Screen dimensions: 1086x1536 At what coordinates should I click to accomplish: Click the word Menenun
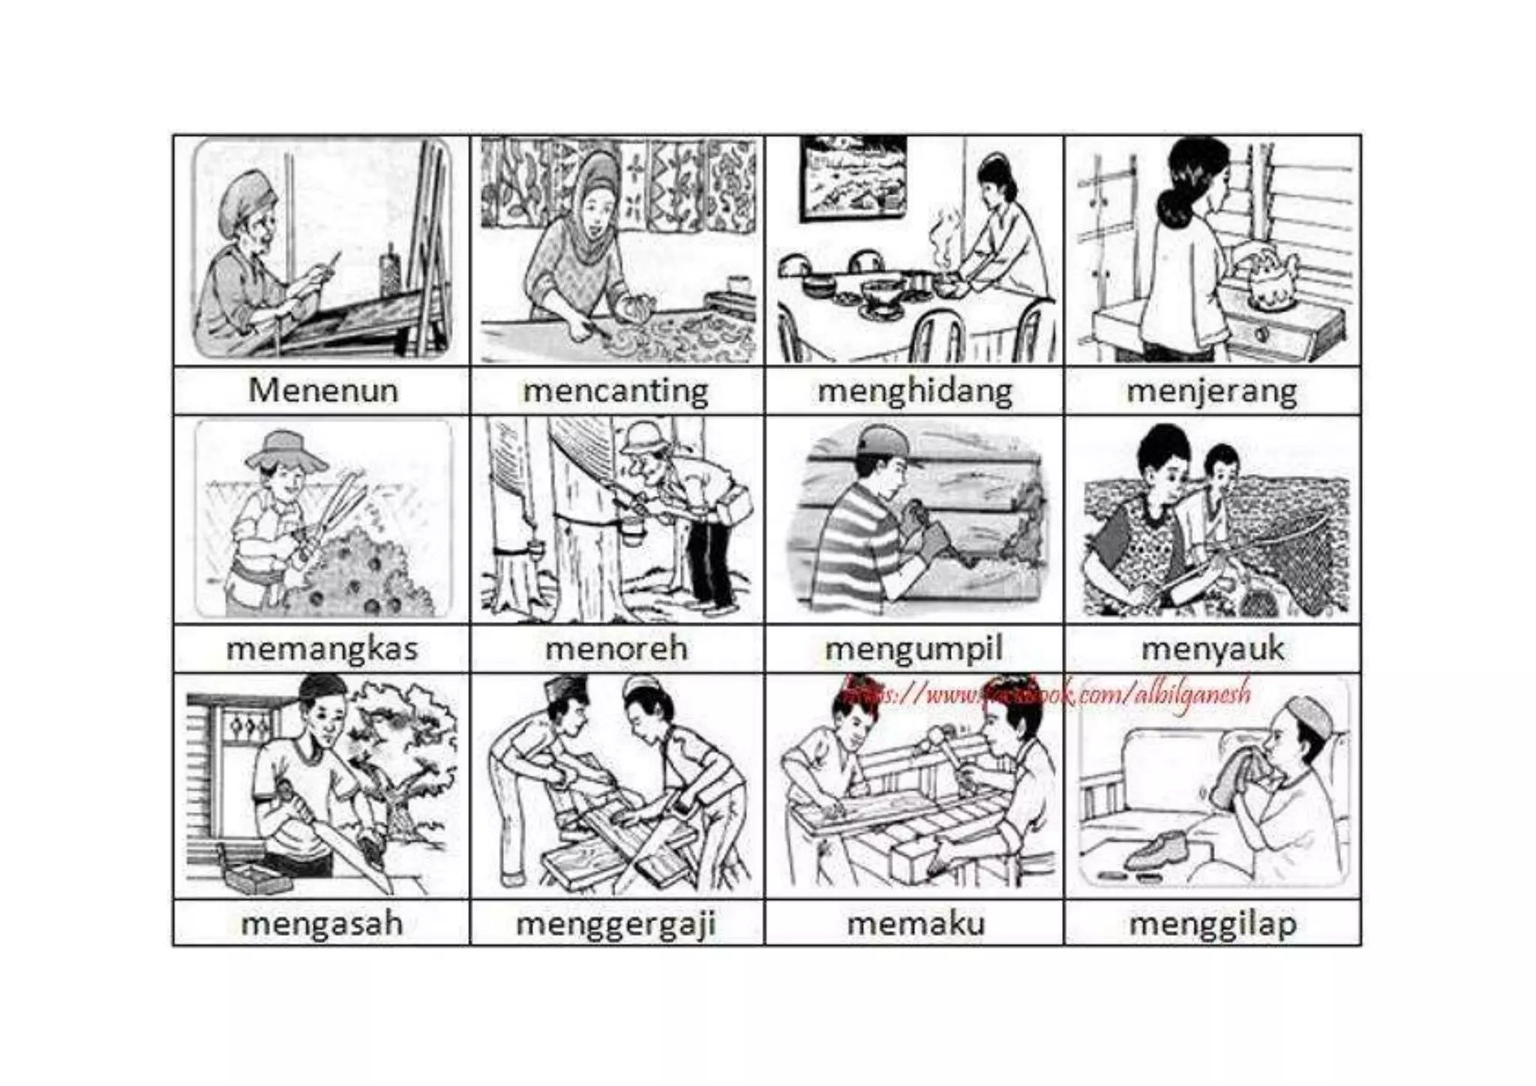pos(322,391)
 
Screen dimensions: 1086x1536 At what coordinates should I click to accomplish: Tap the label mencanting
pos(616,391)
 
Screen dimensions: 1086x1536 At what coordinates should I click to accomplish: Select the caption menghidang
pos(914,391)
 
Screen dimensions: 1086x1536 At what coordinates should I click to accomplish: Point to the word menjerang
pos(1212,391)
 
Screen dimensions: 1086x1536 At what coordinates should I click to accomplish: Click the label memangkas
pos(322,649)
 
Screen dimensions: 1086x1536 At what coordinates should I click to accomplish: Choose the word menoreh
pos(616,649)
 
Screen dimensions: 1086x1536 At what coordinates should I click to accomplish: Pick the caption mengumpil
pos(913,649)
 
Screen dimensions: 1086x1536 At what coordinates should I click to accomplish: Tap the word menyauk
pos(1212,649)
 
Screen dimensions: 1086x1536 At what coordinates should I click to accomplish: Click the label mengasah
pos(322,923)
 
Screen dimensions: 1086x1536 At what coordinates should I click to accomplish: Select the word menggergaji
pos(616,923)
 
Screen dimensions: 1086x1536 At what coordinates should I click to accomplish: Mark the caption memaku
pos(915,923)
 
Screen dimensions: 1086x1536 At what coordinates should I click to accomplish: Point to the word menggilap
pos(1212,923)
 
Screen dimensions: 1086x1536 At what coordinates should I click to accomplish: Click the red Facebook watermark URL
pos(1046,694)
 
